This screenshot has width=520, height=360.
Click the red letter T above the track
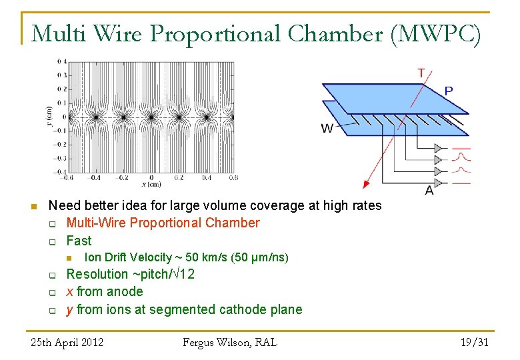(x=421, y=73)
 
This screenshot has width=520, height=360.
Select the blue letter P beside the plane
(x=449, y=91)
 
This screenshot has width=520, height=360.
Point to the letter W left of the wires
(x=327, y=128)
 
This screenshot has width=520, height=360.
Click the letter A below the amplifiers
(x=429, y=190)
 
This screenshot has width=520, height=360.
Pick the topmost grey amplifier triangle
(x=437, y=148)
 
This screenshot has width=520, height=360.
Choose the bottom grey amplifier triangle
(x=437, y=183)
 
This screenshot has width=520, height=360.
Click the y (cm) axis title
(x=50, y=116)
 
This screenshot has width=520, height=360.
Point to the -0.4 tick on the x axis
(x=95, y=178)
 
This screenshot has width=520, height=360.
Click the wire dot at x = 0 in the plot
(x=151, y=117)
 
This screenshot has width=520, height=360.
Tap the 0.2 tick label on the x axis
(x=179, y=178)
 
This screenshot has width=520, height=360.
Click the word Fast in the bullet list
(x=79, y=240)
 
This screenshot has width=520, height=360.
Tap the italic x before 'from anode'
(x=70, y=291)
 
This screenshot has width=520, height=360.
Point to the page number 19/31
(x=475, y=343)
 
